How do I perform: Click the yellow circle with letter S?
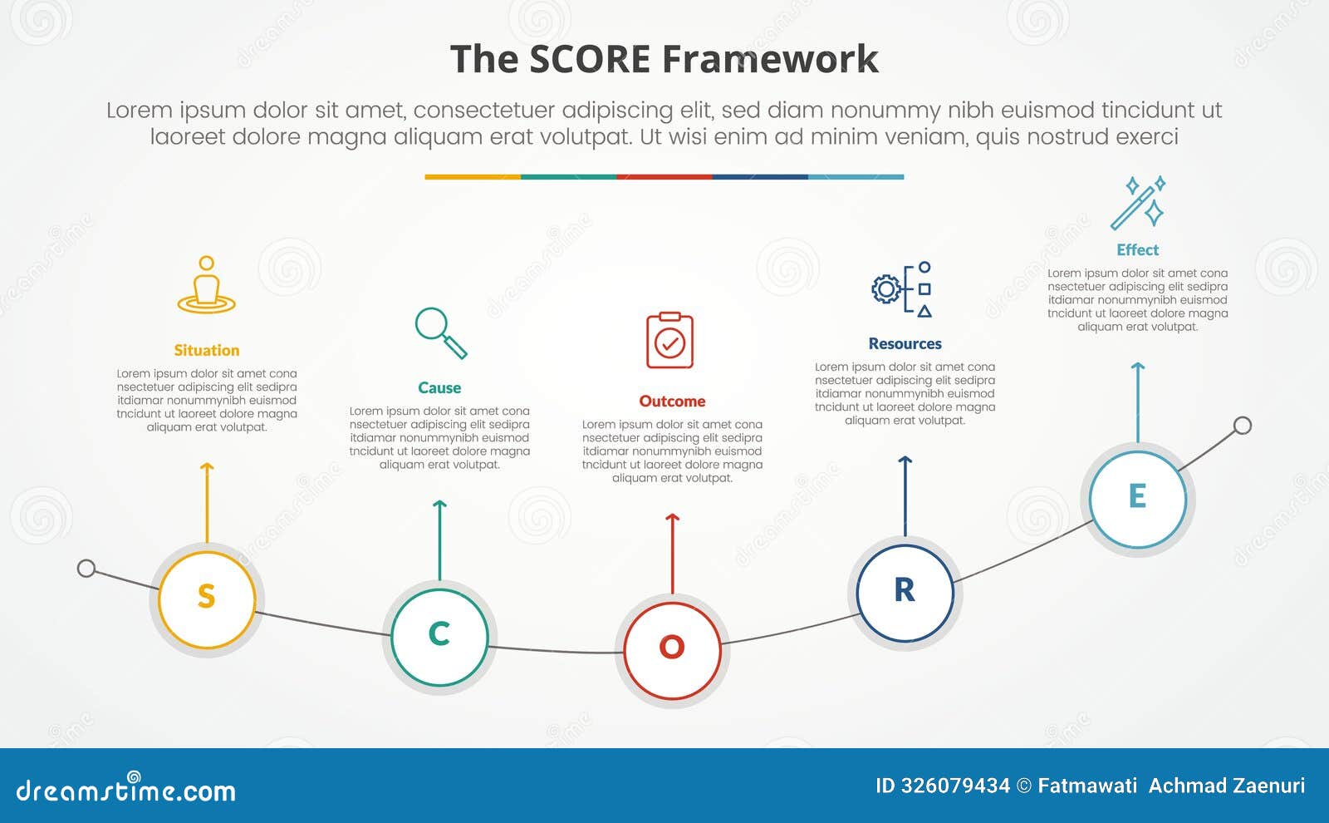207,599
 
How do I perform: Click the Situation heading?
207,350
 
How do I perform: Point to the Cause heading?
439,387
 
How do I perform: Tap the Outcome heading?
672,401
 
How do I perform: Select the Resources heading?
905,343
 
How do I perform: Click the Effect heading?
1137,249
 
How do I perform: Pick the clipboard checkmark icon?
669,340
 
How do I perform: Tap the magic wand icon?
1138,202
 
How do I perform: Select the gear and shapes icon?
902,289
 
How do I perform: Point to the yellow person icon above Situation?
207,285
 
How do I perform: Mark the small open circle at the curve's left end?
86,569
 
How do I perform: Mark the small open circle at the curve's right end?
1243,426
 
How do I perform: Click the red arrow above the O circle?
673,553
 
